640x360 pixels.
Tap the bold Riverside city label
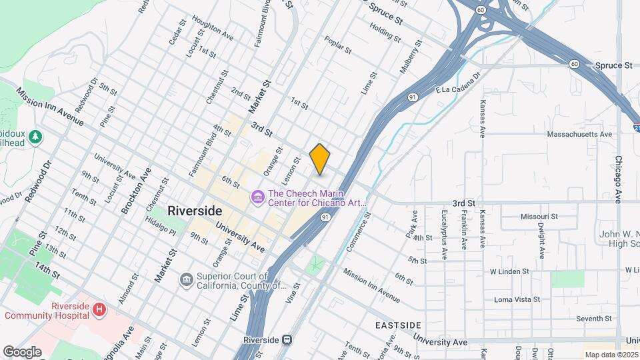click(x=195, y=210)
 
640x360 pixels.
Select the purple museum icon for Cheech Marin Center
click(x=257, y=197)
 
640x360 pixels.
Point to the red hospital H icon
click(x=99, y=309)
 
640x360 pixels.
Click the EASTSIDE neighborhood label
click(x=397, y=325)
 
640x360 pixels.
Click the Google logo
click(x=21, y=352)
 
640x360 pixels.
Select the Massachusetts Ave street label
click(x=579, y=134)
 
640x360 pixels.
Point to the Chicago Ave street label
click(x=619, y=179)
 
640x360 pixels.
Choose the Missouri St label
click(x=539, y=217)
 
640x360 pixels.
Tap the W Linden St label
click(x=509, y=271)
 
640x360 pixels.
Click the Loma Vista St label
click(x=517, y=299)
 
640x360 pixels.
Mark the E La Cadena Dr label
click(x=457, y=85)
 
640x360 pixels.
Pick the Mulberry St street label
click(x=409, y=57)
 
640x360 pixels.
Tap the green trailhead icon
click(x=35, y=137)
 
